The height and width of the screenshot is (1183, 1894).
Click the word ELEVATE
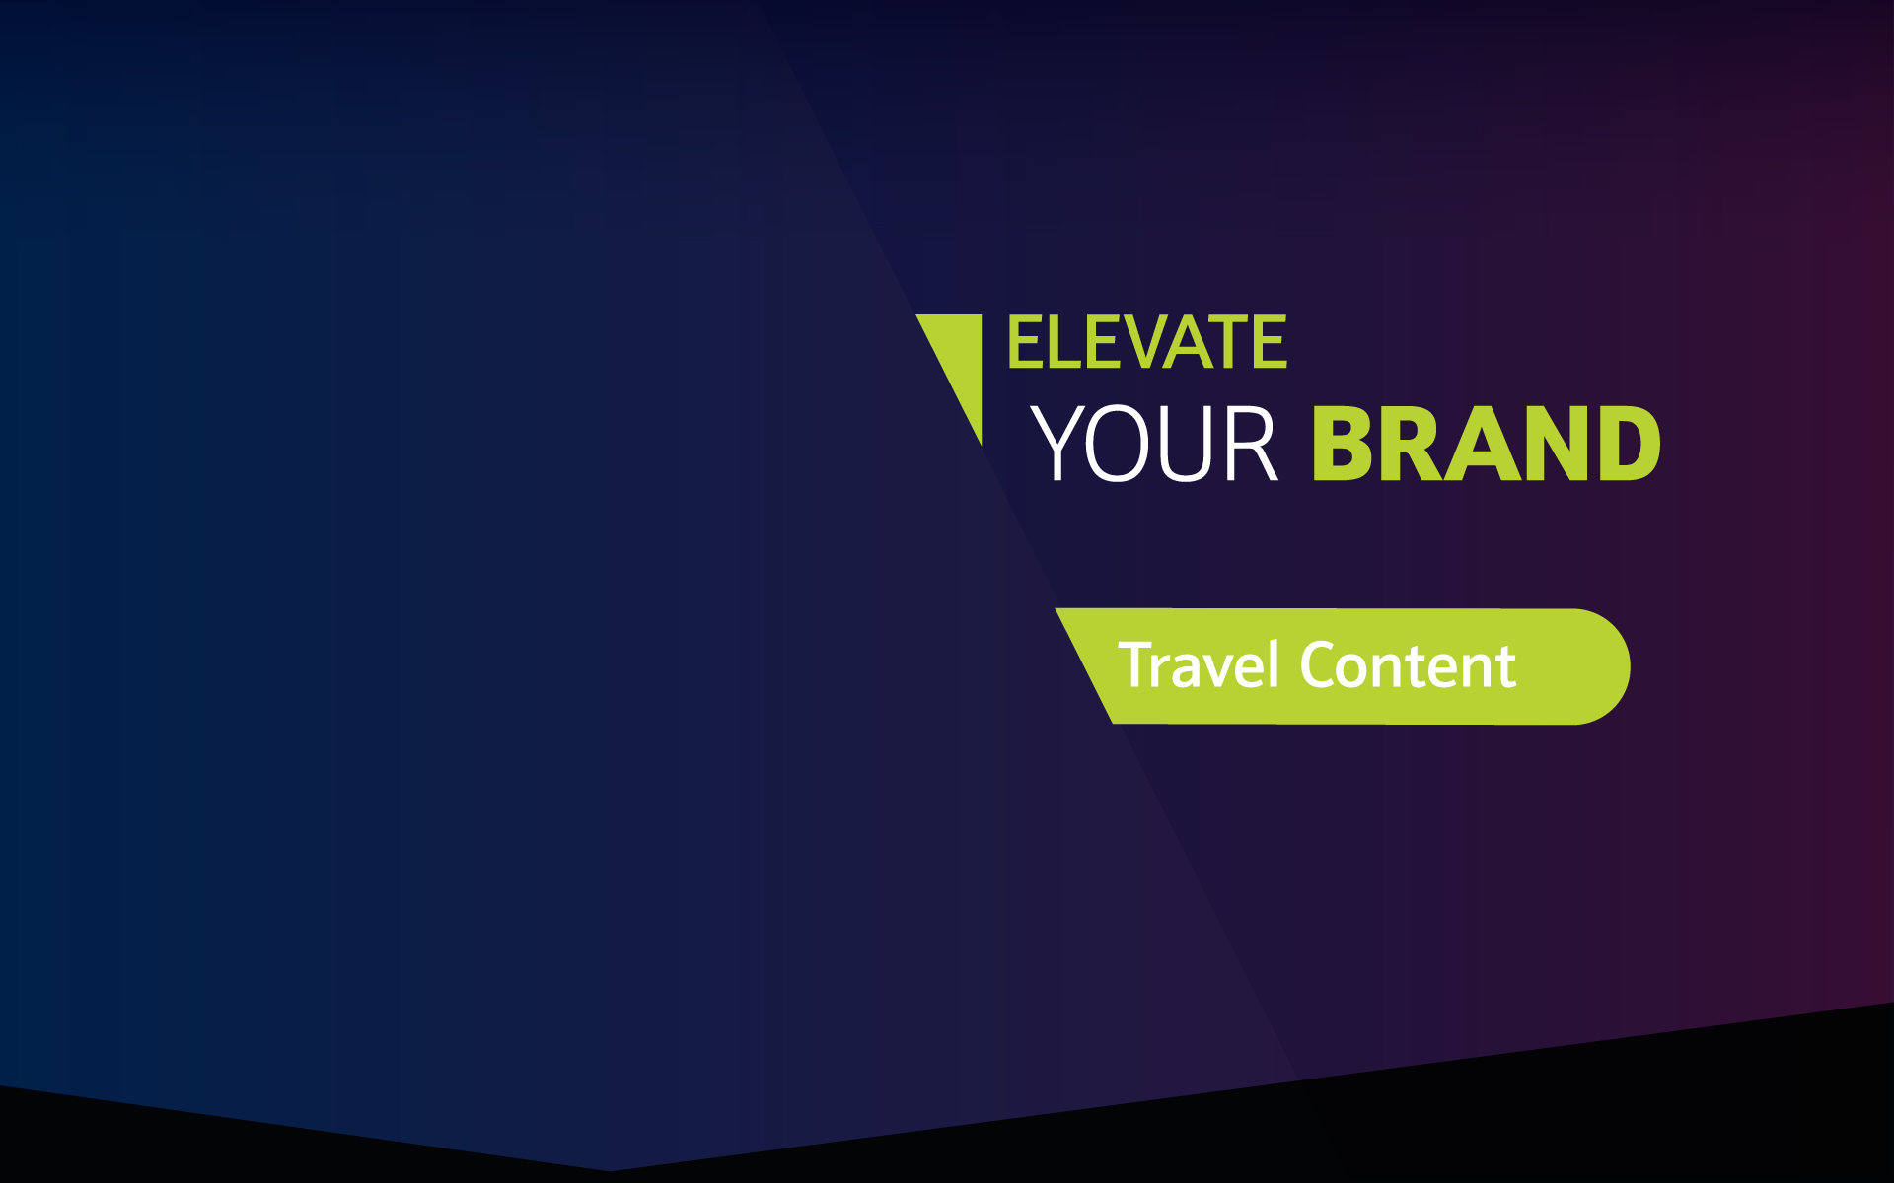tap(1147, 342)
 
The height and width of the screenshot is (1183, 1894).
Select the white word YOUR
tap(1154, 444)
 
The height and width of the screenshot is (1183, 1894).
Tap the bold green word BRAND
tap(1487, 444)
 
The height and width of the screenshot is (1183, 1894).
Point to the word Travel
tap(1199, 664)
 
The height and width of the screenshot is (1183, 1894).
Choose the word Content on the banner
tap(1409, 665)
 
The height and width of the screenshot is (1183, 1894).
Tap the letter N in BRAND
tap(1551, 444)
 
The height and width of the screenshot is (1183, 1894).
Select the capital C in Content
tap(1319, 665)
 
